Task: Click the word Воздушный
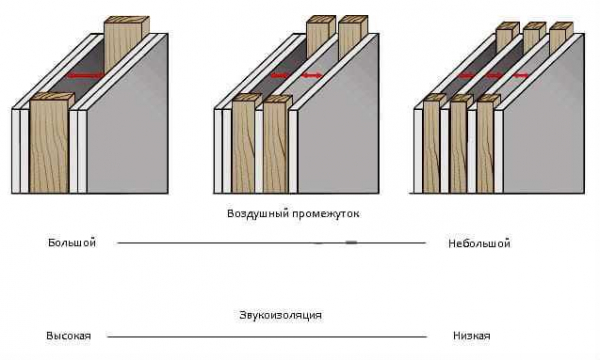point(258,213)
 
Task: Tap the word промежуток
point(326,214)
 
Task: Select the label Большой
point(72,243)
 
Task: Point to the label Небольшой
point(479,244)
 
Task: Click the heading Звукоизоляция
point(280,316)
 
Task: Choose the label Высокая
point(68,336)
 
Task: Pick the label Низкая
point(471,336)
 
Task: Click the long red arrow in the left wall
point(85,76)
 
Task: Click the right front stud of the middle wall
point(277,144)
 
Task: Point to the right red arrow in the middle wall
point(312,76)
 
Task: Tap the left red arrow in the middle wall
point(280,76)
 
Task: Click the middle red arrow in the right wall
point(494,76)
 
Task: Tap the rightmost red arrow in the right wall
point(520,76)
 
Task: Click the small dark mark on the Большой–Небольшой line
point(351,243)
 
